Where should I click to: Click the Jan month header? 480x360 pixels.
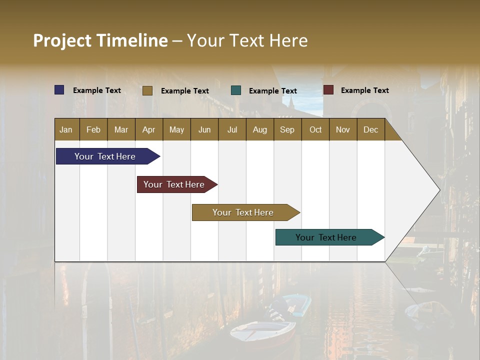point(66,129)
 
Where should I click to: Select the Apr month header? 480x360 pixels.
point(148,129)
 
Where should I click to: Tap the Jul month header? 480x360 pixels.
point(232,129)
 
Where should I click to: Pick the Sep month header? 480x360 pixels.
point(287,129)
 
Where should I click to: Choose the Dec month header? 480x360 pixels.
point(370,129)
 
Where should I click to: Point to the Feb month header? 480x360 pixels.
point(93,129)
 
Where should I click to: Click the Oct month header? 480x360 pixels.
point(315,129)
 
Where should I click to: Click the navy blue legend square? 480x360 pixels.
point(59,90)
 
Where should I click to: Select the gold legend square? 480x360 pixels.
point(147,90)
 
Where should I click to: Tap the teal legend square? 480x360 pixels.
point(236,90)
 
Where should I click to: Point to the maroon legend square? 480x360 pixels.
point(328,90)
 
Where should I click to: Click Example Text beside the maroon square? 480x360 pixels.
point(364,90)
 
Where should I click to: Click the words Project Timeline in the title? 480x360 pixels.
point(100,40)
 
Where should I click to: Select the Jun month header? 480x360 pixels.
point(204,129)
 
